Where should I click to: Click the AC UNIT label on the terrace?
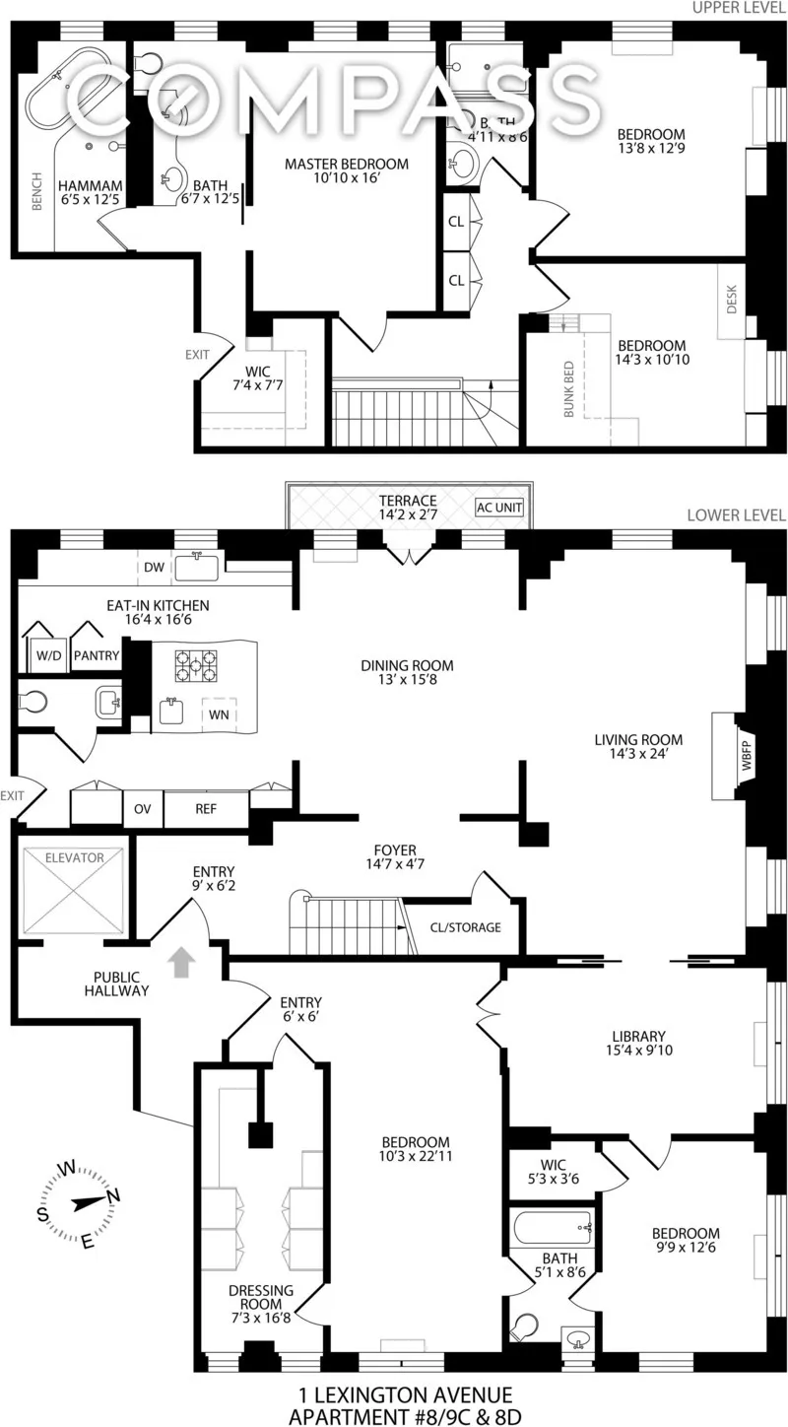point(499,507)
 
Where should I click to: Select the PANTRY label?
point(96,655)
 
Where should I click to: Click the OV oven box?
point(142,809)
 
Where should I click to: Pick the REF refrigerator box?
point(207,809)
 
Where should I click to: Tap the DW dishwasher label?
point(154,567)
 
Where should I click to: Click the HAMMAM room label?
point(90,184)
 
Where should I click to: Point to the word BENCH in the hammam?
point(36,193)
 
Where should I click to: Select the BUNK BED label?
point(568,389)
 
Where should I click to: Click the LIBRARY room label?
point(638,1036)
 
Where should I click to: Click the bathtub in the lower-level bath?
point(552,1229)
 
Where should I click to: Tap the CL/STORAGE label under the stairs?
point(465,927)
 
